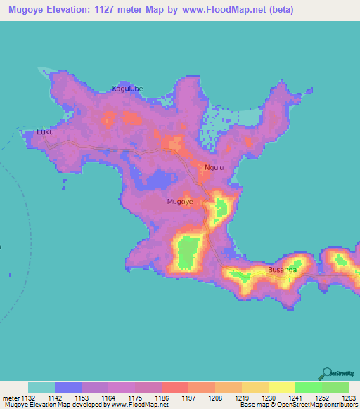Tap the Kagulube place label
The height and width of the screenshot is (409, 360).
[x=127, y=89]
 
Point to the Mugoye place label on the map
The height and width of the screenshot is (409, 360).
[x=180, y=202]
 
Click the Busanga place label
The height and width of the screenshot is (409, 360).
[x=282, y=270]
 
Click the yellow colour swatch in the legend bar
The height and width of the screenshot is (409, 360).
[x=281, y=387]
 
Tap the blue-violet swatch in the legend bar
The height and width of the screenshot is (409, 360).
[x=68, y=387]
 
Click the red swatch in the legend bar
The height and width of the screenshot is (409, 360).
[x=175, y=387]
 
